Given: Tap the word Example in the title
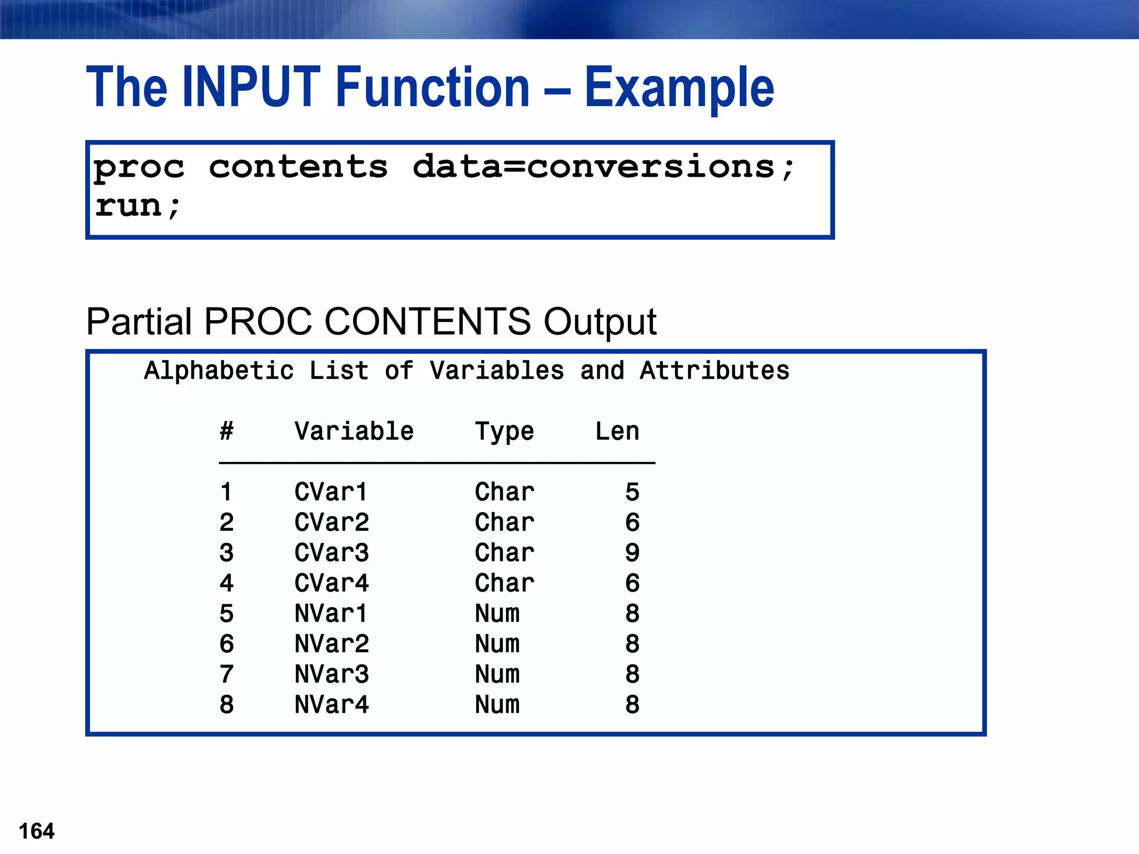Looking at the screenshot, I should click(x=679, y=88).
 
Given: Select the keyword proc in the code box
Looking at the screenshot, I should click(x=139, y=168).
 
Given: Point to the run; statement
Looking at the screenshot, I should click(x=138, y=206).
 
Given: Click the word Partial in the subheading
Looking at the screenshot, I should click(x=139, y=322).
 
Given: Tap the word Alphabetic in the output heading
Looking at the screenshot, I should click(x=219, y=371).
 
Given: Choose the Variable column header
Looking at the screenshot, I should click(x=354, y=431).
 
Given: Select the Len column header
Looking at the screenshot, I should click(x=617, y=431).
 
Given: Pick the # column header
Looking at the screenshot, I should click(x=226, y=431).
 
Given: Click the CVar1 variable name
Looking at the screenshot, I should click(x=331, y=492).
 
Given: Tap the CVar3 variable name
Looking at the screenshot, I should click(x=331, y=553).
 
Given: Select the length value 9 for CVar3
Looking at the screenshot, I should click(x=632, y=553).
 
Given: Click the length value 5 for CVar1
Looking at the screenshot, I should click(x=632, y=492).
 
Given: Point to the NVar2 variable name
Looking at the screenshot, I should click(x=331, y=644).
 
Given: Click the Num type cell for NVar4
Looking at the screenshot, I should click(x=497, y=704).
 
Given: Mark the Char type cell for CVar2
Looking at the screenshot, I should click(x=504, y=523).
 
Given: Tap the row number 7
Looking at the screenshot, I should click(x=226, y=674).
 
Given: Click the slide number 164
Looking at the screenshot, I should click(x=37, y=831).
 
